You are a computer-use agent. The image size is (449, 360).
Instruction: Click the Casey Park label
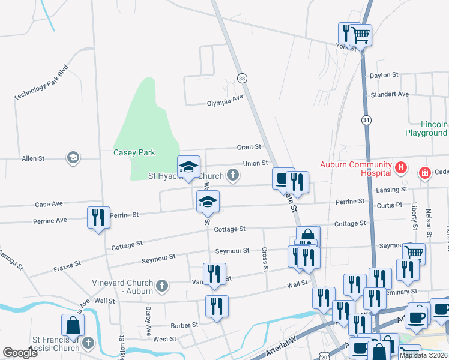(134, 152)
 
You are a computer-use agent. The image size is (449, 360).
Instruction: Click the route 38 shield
(242, 78)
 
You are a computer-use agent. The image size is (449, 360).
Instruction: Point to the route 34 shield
(366, 119)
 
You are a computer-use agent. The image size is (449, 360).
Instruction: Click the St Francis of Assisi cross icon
(88, 344)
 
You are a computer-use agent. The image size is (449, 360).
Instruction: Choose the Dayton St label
(384, 75)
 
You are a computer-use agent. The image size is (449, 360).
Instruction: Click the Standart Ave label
(390, 94)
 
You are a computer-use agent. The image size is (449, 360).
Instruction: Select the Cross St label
(264, 259)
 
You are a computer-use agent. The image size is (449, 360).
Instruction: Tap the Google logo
(20, 353)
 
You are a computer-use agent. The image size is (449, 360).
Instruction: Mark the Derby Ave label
(148, 322)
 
